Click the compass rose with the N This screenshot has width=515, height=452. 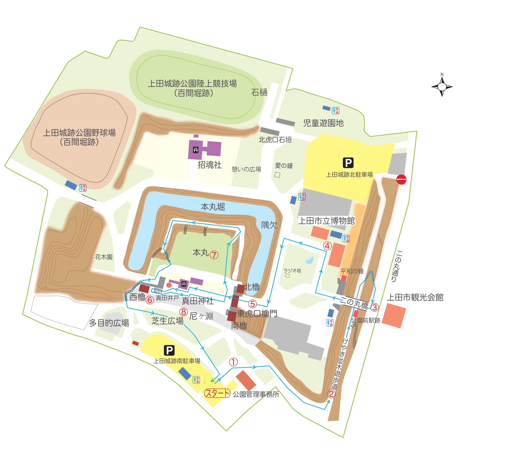coord(442,87)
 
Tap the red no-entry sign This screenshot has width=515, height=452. coord(401,180)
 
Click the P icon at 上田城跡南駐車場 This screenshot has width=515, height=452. coord(169,351)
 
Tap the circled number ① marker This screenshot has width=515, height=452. coord(233,362)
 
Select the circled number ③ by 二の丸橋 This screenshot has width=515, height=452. coord(374,307)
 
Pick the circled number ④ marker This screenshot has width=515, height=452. coord(327,246)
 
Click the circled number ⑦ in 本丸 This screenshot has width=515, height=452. coord(214,255)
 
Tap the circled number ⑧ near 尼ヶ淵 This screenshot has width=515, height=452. coord(183,312)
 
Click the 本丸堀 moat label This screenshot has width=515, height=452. coord(213,207)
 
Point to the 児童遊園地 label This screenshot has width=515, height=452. coord(323,123)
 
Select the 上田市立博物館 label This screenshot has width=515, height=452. coord(327,221)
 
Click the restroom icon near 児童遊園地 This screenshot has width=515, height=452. coord(335,111)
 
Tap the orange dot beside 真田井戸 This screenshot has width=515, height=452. coord(169,285)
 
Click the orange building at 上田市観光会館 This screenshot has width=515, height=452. coord(394,315)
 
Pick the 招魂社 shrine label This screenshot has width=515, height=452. coord(210,165)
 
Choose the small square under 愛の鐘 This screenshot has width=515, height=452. coord(277,175)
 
